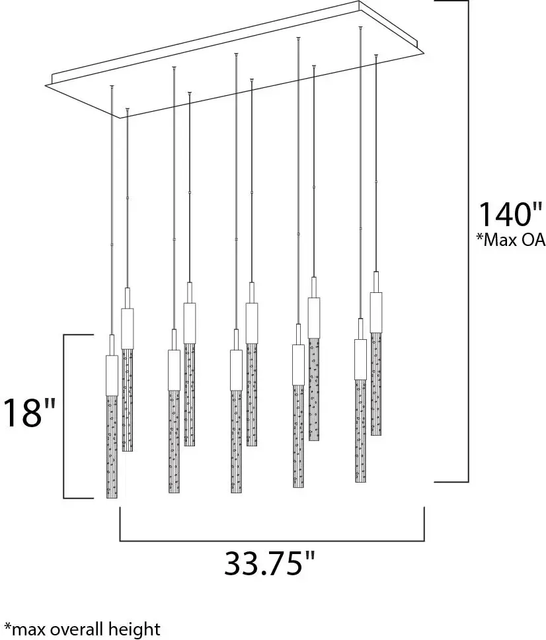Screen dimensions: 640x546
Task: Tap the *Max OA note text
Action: tap(510, 240)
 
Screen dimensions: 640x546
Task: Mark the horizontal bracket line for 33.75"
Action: tap(271, 541)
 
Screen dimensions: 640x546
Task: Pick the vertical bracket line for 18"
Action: tap(63, 417)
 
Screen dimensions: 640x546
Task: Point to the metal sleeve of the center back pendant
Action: tap(251, 322)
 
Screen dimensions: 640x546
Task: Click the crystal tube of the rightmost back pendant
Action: tap(376, 383)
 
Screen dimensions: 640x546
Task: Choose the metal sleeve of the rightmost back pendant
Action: tap(376, 311)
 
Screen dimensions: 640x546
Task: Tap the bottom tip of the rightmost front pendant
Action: tap(360, 481)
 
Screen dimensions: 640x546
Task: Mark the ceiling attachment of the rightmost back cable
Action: tap(375, 56)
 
